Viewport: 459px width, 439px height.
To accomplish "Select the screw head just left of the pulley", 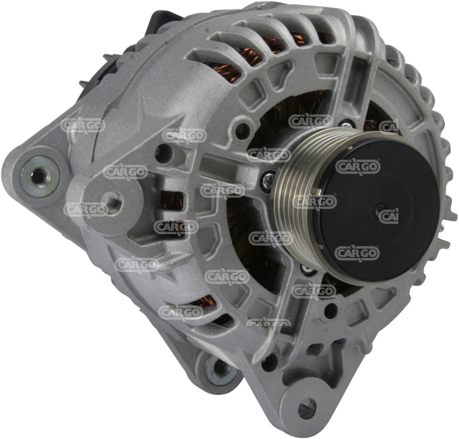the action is point(268,177).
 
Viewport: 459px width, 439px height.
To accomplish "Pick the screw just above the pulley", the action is point(346,125).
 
